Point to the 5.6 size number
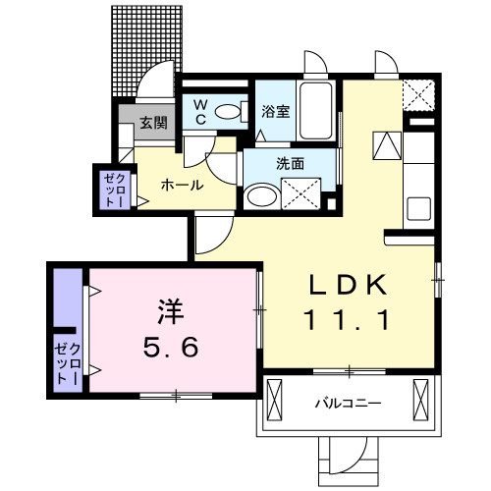click(171, 347)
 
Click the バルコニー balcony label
click(350, 403)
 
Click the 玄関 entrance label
click(151, 125)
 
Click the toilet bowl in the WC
click(229, 113)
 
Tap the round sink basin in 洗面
click(260, 195)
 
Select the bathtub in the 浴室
click(314, 113)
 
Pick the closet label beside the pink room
click(64, 361)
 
